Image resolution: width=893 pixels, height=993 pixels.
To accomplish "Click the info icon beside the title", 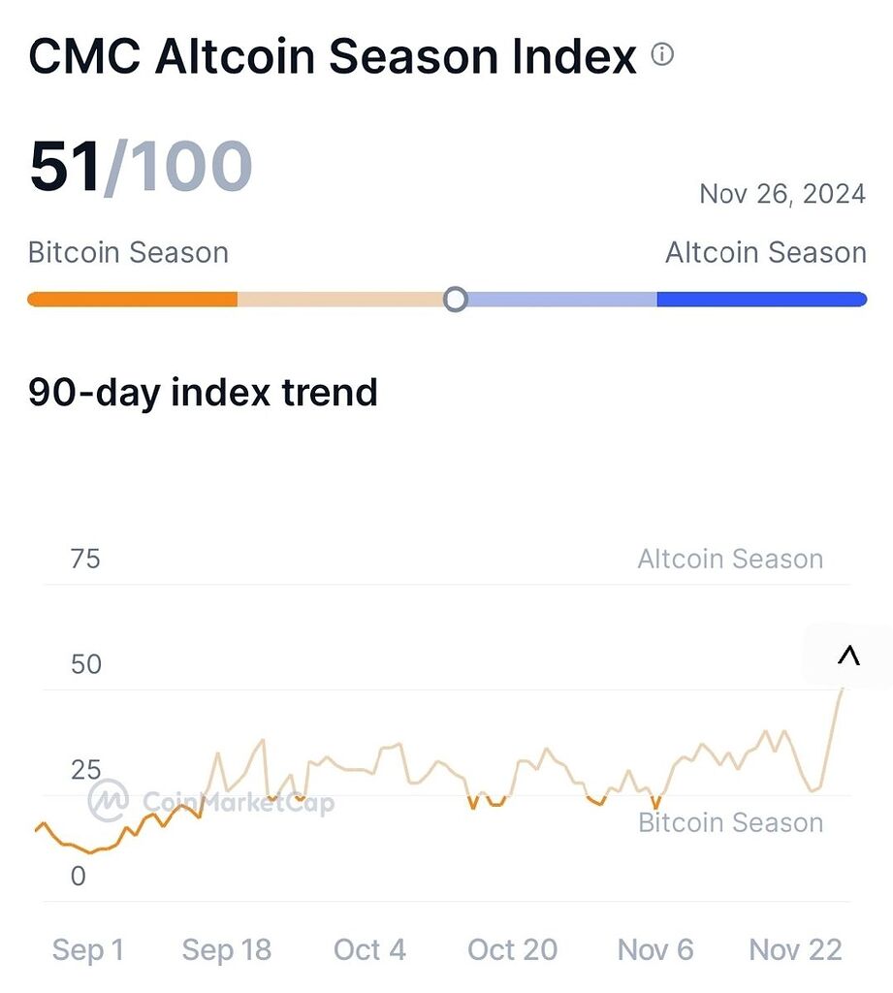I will [662, 54].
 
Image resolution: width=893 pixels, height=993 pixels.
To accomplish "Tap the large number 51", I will [66, 167].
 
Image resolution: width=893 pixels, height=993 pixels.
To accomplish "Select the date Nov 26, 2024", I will [781, 194].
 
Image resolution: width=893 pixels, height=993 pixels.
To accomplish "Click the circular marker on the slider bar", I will [455, 299].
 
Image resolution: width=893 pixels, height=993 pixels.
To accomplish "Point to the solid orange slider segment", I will [132, 299].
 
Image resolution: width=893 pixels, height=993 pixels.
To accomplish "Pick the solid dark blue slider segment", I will [761, 299].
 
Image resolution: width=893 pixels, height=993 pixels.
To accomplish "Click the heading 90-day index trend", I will [203, 393].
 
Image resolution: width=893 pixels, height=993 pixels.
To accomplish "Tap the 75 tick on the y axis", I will [85, 560].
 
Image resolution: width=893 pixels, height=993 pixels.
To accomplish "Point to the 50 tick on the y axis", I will [85, 665].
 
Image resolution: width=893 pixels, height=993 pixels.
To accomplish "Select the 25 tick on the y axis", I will [85, 771].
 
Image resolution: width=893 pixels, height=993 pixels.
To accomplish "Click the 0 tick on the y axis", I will [78, 877].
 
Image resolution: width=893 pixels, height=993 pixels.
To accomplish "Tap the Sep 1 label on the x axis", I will [88, 950].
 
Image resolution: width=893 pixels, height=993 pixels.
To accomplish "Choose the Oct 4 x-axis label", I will [369, 950].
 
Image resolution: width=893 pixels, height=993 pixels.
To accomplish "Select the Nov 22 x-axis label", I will [796, 950].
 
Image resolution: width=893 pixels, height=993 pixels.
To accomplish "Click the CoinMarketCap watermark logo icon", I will [109, 801].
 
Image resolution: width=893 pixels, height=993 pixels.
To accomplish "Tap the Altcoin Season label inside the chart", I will [730, 560].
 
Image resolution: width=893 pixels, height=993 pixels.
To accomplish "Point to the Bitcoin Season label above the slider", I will [128, 253].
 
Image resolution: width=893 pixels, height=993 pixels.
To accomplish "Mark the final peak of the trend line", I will [842, 688].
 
